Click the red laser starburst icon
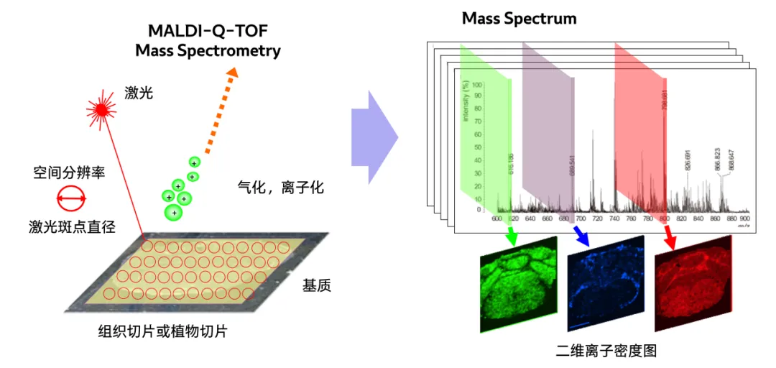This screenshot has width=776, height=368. coord(101,109)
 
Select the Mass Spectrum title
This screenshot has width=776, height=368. coord(519,18)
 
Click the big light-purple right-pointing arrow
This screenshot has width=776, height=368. coord(374,137)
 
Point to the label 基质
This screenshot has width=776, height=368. coord(317,285)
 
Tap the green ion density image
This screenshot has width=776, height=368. coord(518,284)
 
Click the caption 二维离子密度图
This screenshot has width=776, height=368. coord(606,351)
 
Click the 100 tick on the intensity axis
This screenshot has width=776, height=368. coord(476,85)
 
